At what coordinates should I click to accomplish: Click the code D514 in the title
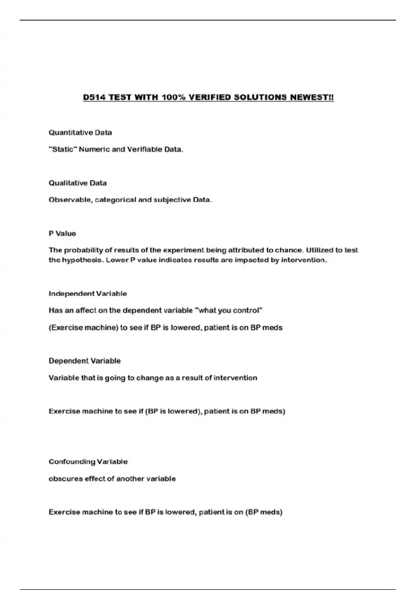[94, 97]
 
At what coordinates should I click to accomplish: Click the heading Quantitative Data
[80, 133]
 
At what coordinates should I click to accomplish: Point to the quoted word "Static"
[63, 150]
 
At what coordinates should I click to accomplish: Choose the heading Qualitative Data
[78, 183]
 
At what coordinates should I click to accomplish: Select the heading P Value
[62, 234]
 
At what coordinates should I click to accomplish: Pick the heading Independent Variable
[88, 294]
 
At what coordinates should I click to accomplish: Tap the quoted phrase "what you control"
[229, 311]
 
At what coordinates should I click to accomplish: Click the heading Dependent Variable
[85, 361]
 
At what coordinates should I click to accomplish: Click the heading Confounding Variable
[88, 462]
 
